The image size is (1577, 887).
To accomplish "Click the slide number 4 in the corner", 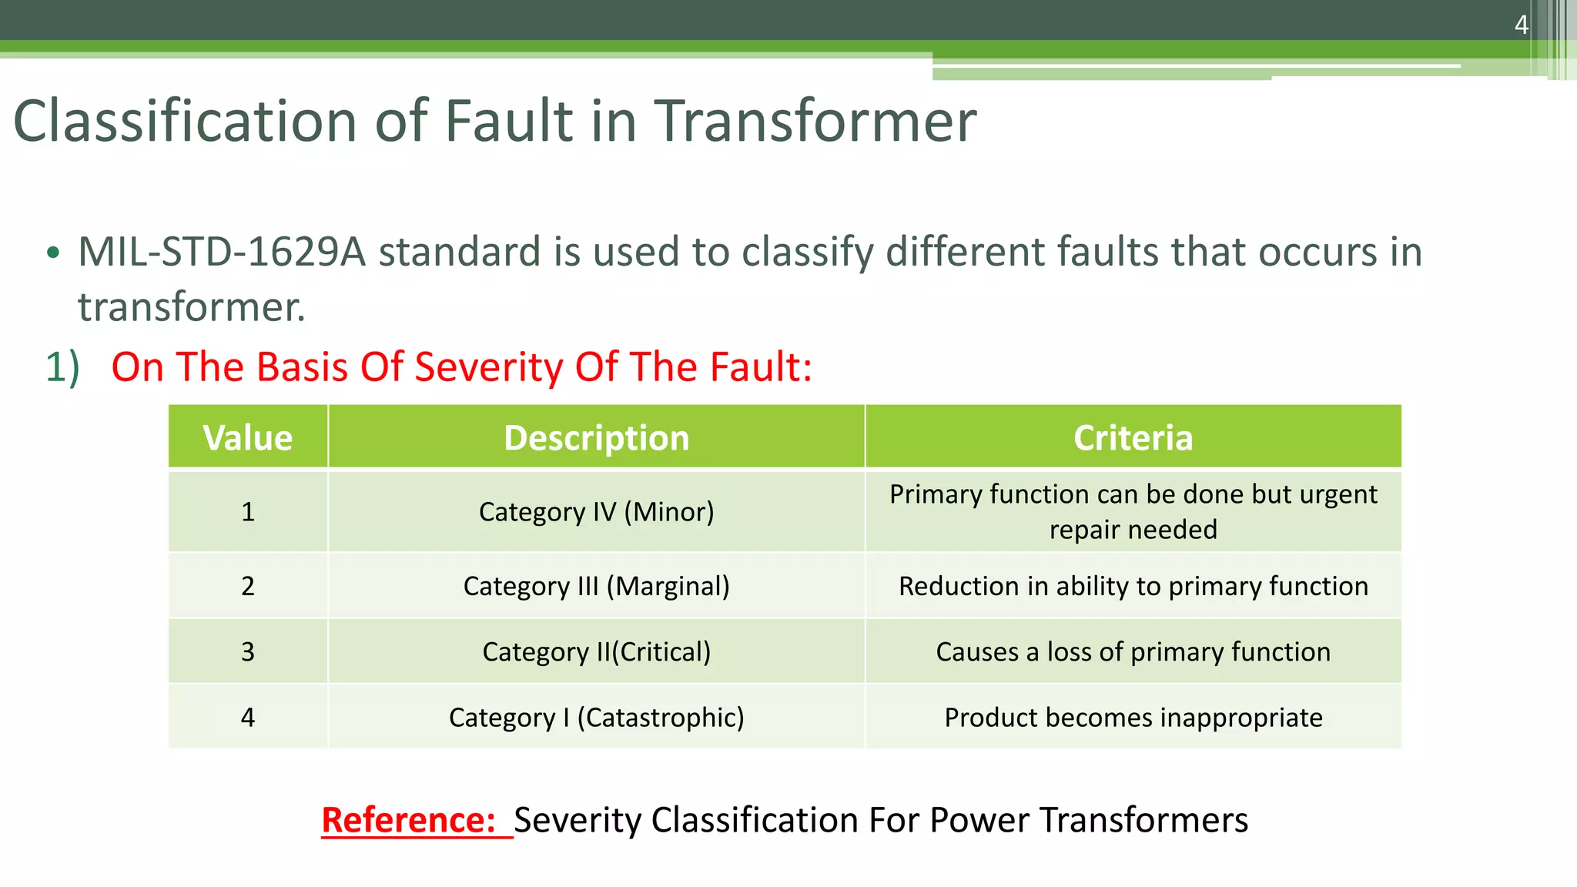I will [x=1521, y=25].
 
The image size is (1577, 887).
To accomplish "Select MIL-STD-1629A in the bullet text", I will [x=221, y=253].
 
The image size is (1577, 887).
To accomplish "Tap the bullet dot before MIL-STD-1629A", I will [x=52, y=253].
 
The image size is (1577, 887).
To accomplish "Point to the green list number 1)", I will [x=62, y=367].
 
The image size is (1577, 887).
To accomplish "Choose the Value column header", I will [x=247, y=437].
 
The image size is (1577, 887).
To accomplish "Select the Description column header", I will [x=596, y=437].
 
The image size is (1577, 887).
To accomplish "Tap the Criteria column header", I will [x=1133, y=437].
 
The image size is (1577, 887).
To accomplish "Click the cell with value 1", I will [x=247, y=511].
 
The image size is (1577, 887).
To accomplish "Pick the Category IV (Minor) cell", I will [x=596, y=511].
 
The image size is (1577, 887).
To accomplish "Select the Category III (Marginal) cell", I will [x=596, y=586].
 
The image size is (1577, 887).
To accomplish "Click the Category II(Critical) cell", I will [x=596, y=651].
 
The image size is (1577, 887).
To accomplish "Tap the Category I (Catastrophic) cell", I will [x=596, y=718].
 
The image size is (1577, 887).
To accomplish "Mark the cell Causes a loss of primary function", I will [x=1133, y=651].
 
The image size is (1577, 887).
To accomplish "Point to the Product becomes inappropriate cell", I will [x=1133, y=718].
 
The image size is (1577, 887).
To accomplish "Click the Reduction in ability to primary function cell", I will [x=1133, y=586].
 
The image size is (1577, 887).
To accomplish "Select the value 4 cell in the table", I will [x=247, y=718].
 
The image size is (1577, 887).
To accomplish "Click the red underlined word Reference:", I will [x=408, y=820].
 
